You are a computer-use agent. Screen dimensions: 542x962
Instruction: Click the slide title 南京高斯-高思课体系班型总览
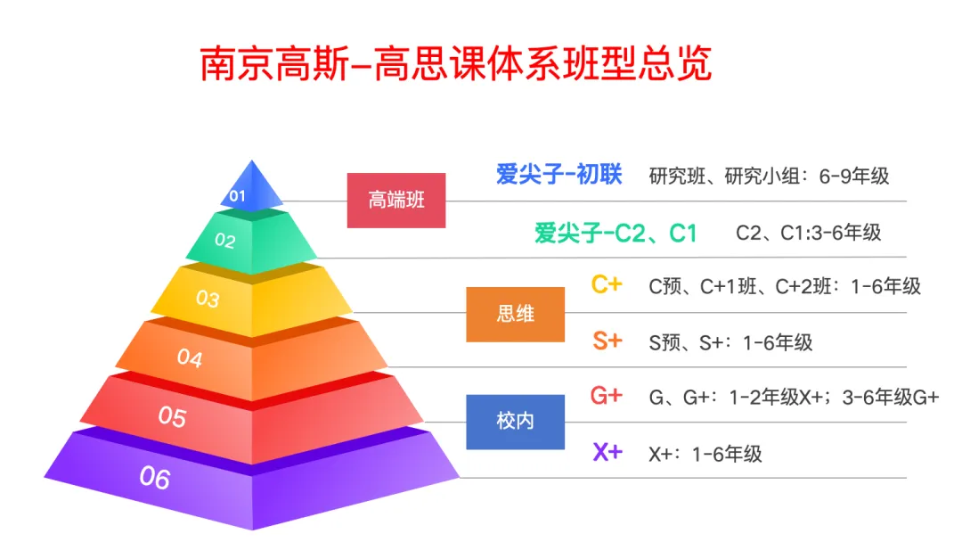tap(455, 66)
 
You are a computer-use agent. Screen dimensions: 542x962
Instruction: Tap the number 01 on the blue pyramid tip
tap(237, 195)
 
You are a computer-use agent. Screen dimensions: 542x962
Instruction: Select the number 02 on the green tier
tap(225, 241)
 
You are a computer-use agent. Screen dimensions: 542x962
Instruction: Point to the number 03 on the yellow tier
tap(208, 299)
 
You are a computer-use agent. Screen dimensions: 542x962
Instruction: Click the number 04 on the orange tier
tap(189, 358)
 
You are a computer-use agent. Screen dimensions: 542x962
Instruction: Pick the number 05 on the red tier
tap(172, 416)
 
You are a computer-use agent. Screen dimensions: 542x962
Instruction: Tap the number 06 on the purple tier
tap(154, 479)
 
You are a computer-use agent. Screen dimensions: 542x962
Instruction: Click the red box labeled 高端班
tap(395, 200)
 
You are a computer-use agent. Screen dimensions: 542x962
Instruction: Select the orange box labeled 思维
tap(515, 315)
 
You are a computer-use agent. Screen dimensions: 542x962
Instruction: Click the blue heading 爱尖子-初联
tap(558, 175)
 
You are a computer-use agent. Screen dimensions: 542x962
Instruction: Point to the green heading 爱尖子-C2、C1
tap(616, 234)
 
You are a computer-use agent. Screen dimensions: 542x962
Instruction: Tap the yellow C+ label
tap(607, 285)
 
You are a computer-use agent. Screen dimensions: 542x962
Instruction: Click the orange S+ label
tap(607, 341)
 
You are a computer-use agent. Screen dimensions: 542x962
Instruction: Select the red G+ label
tap(607, 396)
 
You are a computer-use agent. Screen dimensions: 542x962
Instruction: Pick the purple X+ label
tap(607, 452)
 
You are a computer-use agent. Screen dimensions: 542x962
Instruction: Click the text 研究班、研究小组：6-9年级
tap(769, 176)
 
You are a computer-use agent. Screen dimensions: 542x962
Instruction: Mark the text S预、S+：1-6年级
tap(730, 342)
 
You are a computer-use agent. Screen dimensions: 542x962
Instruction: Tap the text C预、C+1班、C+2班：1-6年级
tap(784, 286)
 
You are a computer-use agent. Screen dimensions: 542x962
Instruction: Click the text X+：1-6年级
tap(705, 454)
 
